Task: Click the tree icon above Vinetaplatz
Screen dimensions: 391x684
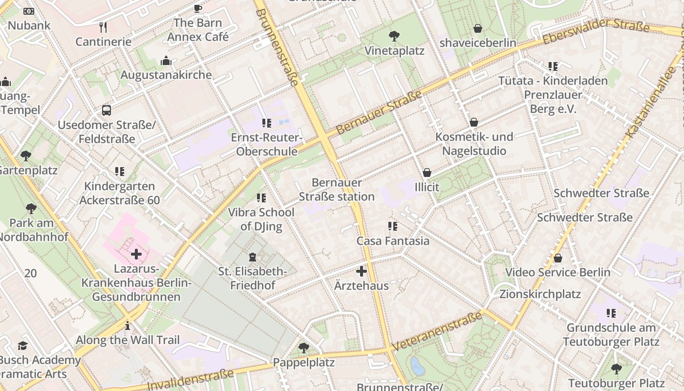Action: point(394,36)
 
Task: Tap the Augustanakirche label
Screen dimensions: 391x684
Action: point(166,75)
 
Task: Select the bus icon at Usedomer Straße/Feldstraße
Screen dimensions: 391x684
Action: point(107,110)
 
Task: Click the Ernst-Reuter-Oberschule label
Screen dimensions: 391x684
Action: point(267,144)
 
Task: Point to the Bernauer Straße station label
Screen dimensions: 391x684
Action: point(337,190)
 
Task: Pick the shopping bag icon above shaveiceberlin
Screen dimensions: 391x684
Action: point(478,28)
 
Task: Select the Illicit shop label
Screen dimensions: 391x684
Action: point(427,187)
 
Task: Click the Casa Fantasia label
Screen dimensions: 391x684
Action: point(393,241)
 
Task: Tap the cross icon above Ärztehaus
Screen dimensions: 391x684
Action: point(362,271)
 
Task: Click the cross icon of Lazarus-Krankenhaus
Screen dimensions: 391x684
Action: point(136,254)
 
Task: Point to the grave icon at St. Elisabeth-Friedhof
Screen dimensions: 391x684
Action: point(253,257)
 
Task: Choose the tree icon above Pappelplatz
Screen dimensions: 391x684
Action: point(303,348)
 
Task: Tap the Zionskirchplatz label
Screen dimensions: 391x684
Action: point(540,294)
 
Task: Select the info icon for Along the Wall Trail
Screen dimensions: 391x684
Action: point(128,326)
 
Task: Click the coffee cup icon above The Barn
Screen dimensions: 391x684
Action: point(197,8)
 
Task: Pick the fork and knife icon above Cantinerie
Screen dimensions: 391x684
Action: point(103,27)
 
